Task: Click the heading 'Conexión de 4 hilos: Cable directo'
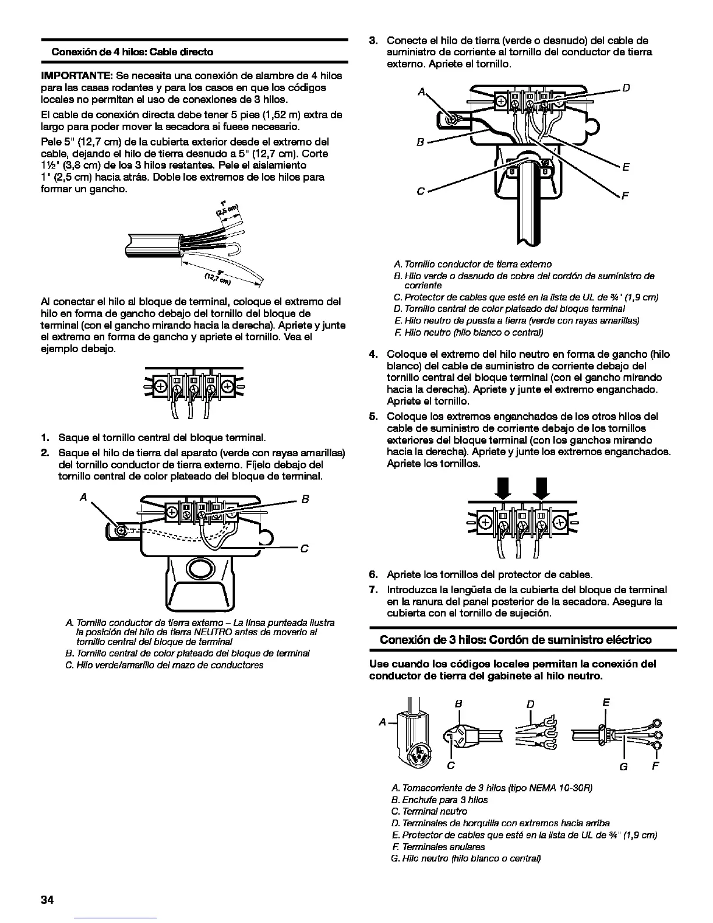pos(132,52)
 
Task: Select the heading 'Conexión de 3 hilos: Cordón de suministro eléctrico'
pos(516,640)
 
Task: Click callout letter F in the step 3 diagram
pos(625,196)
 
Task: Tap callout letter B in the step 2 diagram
pos(306,499)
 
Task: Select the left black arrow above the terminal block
pos(503,487)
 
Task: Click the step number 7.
pos(374,590)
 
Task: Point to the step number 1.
pos(44,438)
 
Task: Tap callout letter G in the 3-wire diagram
pos(624,766)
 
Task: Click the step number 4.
pos(374,354)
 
